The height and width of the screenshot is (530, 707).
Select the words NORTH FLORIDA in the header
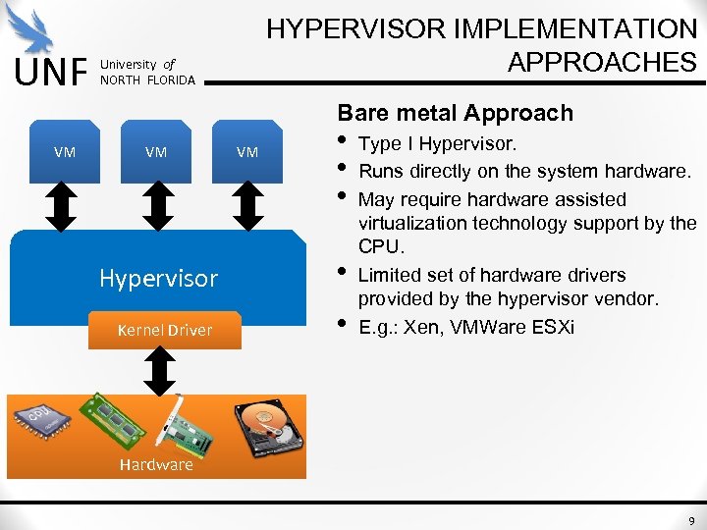click(x=147, y=79)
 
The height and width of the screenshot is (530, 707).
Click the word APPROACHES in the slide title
click(x=601, y=61)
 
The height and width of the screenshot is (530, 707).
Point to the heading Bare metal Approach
click(x=455, y=113)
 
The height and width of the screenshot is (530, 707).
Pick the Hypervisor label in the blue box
click(x=158, y=278)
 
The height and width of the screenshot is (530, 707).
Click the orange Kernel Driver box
click(x=164, y=330)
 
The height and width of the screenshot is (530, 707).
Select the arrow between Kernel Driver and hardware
click(x=158, y=371)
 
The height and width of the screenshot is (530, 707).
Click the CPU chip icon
click(x=42, y=420)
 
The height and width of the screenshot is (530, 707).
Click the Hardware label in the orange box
click(x=156, y=464)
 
